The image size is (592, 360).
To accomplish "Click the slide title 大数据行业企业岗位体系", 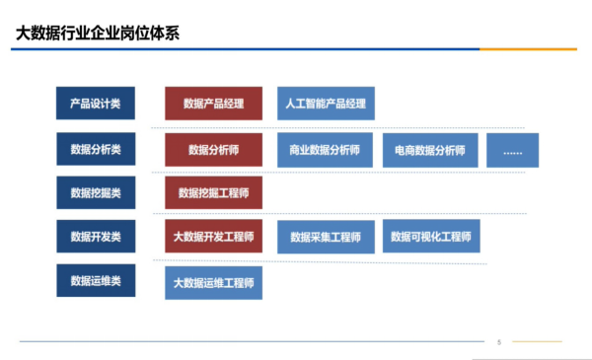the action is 98,34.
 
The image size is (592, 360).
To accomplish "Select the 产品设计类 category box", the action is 96,103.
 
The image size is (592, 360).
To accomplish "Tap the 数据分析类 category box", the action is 96,149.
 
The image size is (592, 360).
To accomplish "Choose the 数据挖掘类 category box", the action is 96,192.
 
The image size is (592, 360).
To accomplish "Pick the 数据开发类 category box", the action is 96,237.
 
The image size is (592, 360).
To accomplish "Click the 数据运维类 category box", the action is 96,280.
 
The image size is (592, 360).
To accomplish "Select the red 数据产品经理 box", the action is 214,104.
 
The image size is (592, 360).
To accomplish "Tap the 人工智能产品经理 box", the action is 327,104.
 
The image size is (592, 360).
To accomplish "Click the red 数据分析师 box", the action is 214,150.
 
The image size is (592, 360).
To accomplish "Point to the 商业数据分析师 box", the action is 325,150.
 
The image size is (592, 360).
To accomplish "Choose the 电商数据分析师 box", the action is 430,150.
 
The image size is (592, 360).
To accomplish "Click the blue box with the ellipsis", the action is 513,150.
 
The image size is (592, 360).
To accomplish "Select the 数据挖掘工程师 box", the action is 214,192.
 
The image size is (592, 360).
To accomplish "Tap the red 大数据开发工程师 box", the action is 214,237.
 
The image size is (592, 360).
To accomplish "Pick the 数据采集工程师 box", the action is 327,237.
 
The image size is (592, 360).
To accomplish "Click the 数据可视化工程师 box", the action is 431,236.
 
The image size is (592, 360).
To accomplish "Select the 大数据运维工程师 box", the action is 214,283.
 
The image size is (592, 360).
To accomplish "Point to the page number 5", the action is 499,342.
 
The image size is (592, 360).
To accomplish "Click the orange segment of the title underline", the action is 528,49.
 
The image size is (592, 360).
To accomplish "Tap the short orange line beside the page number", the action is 537,341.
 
